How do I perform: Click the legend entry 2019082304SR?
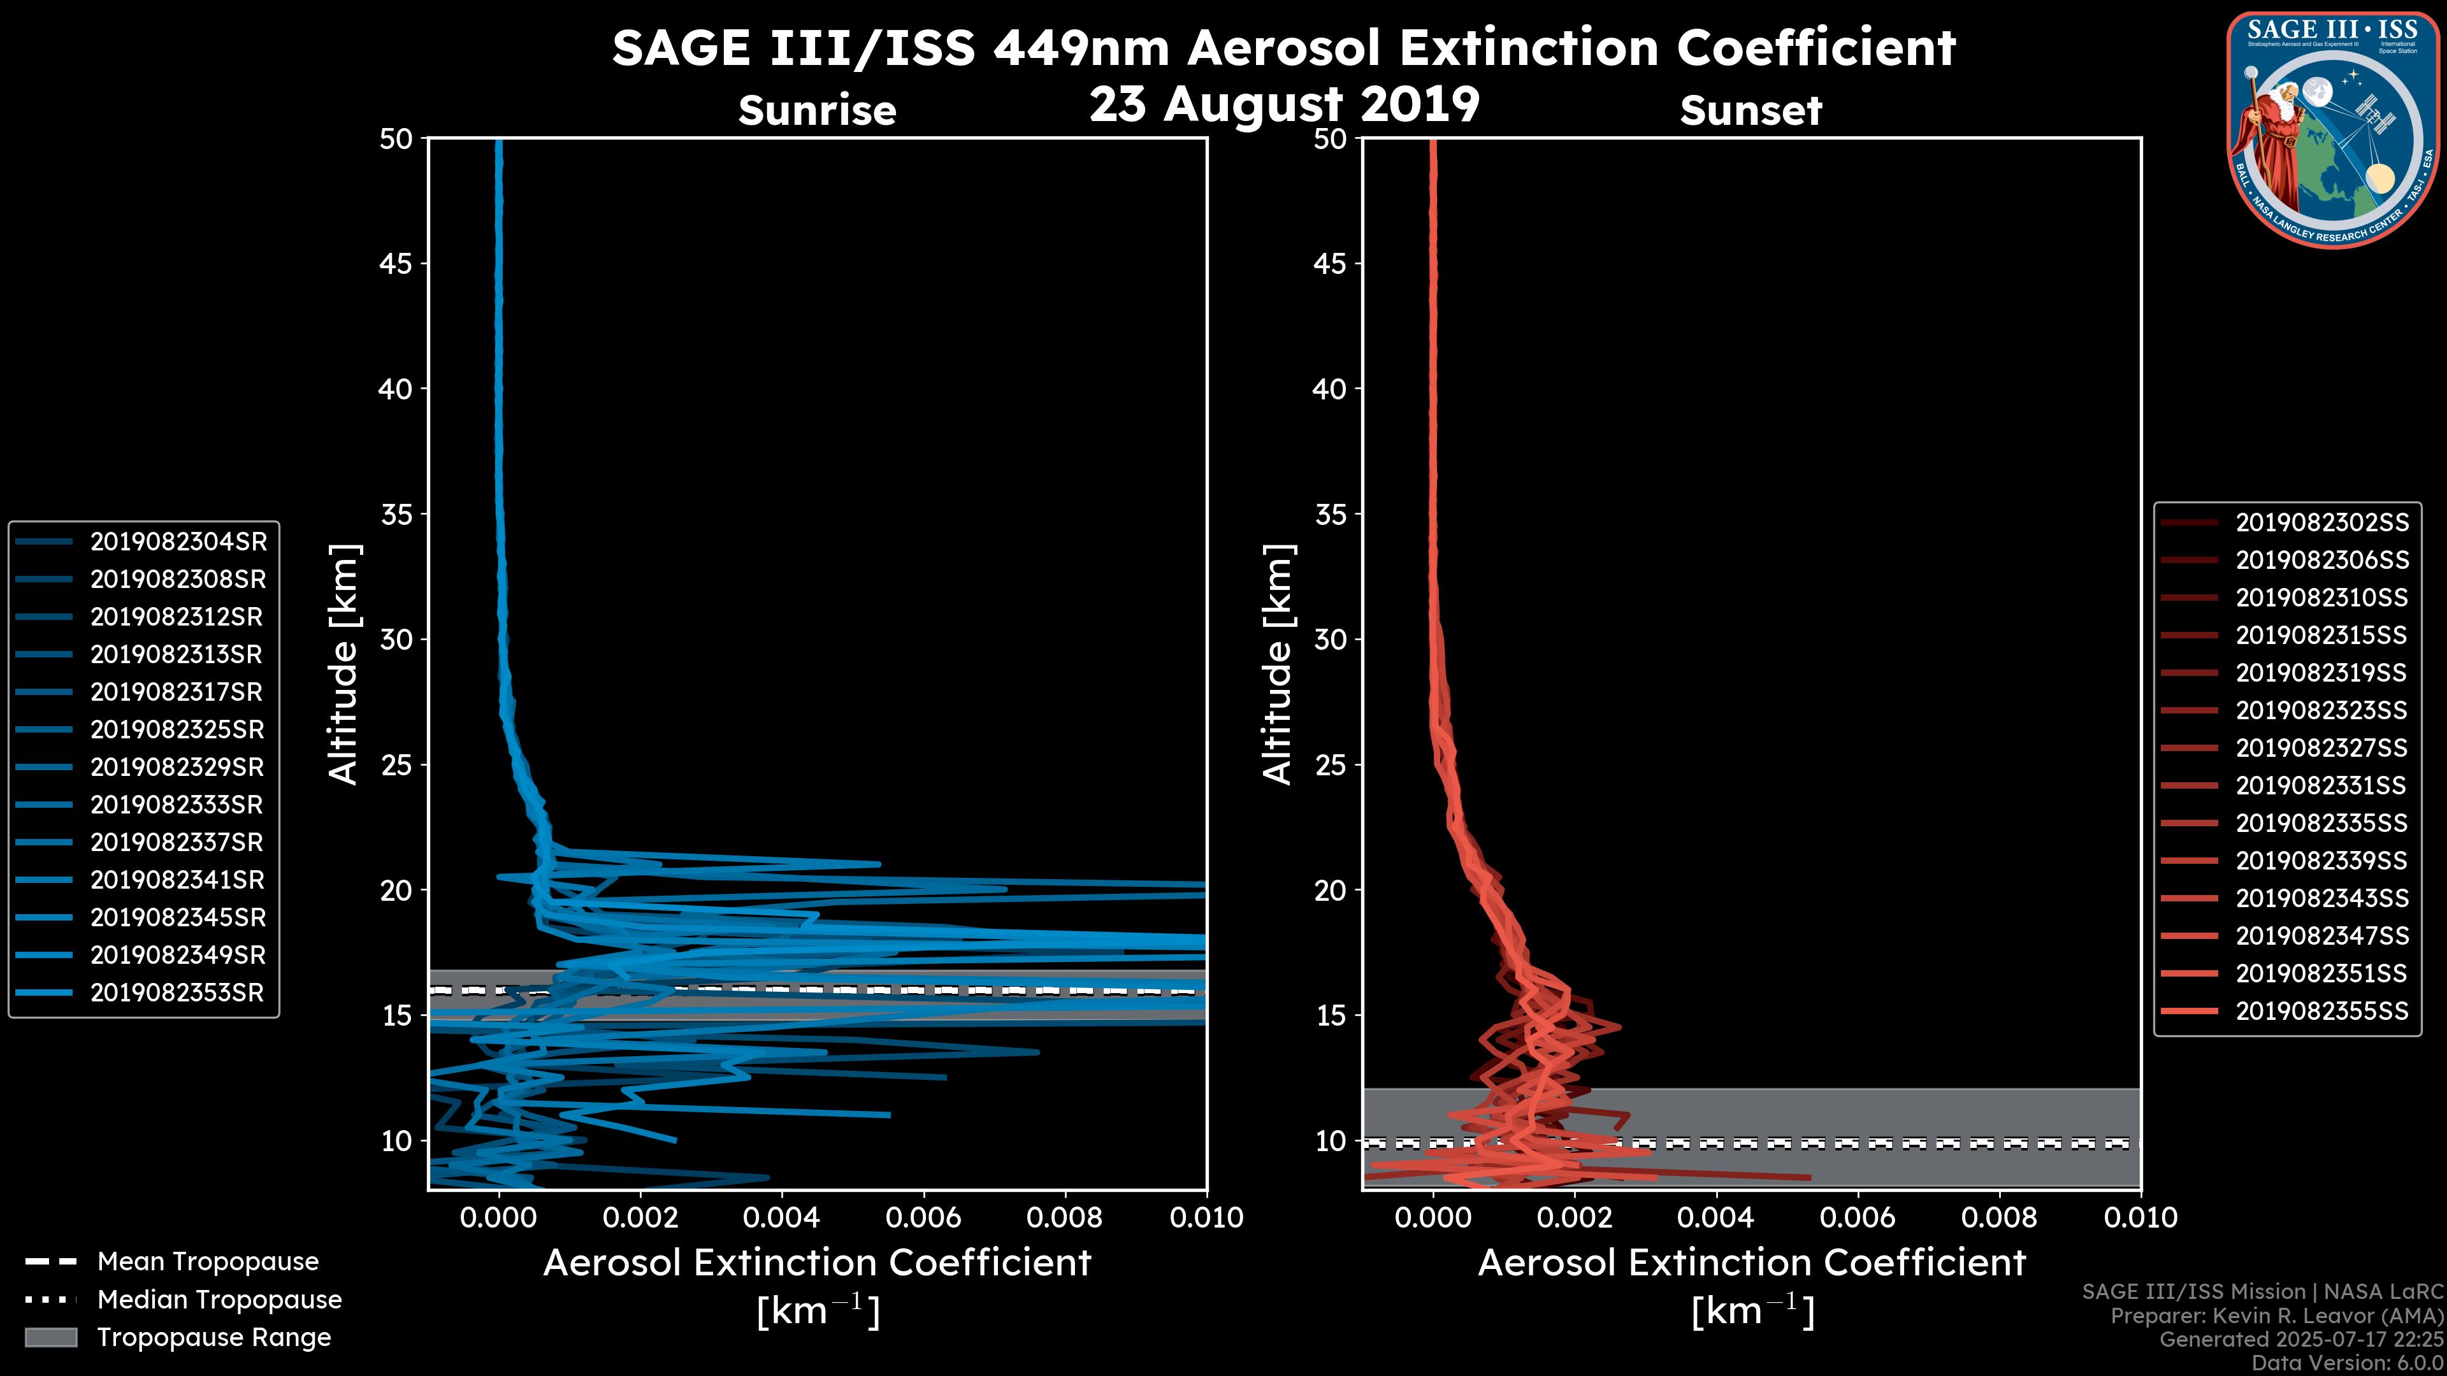(x=178, y=541)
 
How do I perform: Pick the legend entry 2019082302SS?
(x=2321, y=522)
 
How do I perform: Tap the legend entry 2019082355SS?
(x=2321, y=1012)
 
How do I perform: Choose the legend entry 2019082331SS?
(x=2321, y=785)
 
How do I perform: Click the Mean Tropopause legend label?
(x=208, y=1261)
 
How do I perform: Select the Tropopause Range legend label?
(x=213, y=1337)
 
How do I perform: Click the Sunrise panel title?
(x=817, y=110)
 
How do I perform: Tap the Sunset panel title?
(x=1750, y=110)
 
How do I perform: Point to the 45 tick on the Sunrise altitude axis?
(x=395, y=263)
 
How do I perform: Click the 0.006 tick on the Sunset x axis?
(x=1857, y=1217)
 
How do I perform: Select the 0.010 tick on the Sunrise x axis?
(x=1206, y=1217)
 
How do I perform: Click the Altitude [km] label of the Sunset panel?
(x=1278, y=664)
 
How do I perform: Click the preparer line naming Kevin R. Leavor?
(x=2276, y=1316)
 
